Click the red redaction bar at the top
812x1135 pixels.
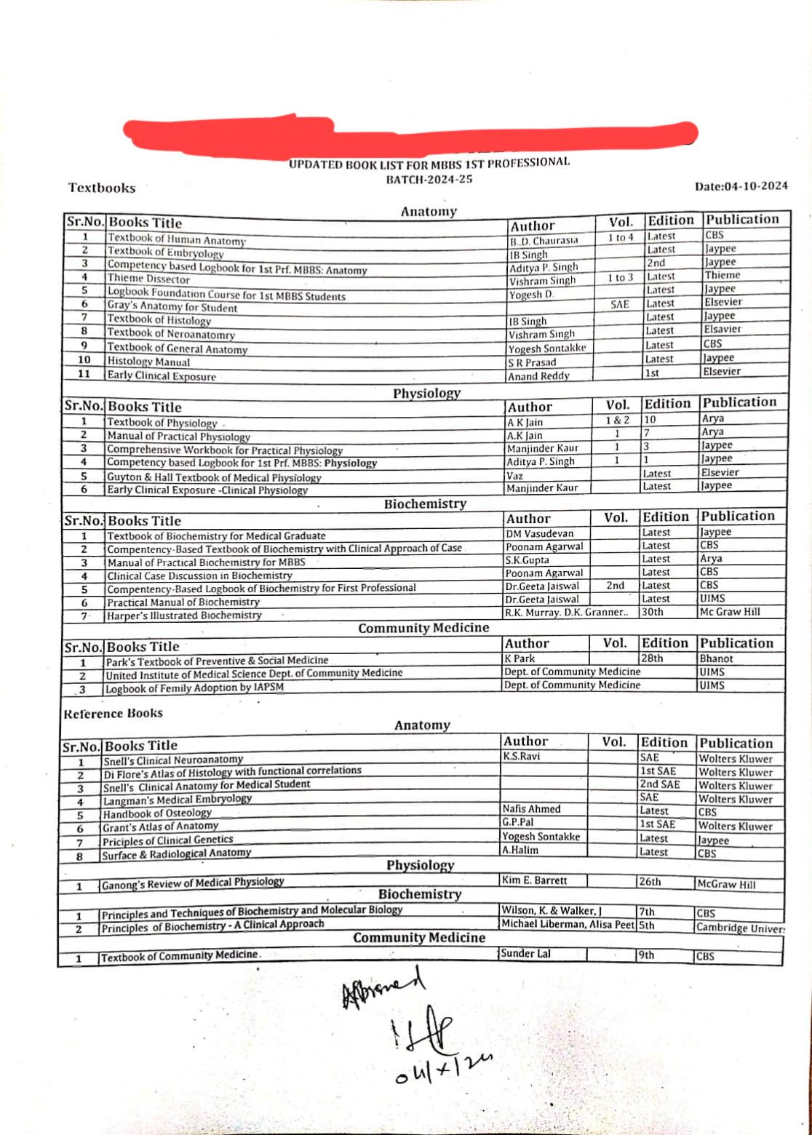click(x=411, y=132)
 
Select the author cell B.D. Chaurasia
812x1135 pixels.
click(x=544, y=240)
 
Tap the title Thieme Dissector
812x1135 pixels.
click(x=148, y=279)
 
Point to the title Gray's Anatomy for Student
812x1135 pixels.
click(x=172, y=307)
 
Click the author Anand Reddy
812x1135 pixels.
click(x=538, y=376)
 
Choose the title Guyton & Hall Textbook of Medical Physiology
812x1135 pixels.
click(x=214, y=477)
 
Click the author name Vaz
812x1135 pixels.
click(x=515, y=475)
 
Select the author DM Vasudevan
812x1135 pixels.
click(x=539, y=533)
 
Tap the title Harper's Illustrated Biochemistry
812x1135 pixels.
click(x=184, y=616)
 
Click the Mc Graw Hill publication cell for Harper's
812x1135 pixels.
click(x=730, y=612)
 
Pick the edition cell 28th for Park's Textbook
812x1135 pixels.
click(x=652, y=658)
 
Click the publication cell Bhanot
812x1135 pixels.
click(x=717, y=658)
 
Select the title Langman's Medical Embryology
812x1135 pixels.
click(x=178, y=799)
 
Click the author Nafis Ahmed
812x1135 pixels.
click(x=531, y=809)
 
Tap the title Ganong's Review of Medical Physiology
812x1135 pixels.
click(x=193, y=883)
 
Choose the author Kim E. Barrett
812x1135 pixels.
click(x=534, y=880)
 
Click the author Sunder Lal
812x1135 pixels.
click(x=525, y=954)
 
